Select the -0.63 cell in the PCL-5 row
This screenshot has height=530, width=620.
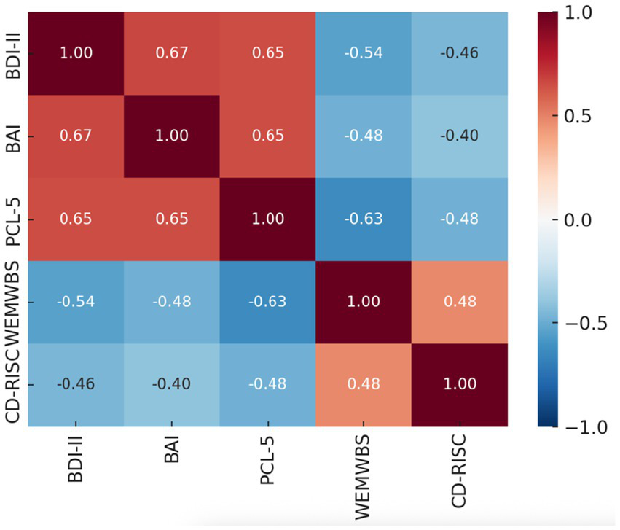pyautogui.click(x=363, y=219)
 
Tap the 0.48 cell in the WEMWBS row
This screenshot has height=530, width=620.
pyautogui.click(x=459, y=302)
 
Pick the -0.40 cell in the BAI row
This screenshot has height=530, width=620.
pyautogui.click(x=459, y=136)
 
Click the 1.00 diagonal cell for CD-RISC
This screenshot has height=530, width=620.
pyautogui.click(x=459, y=384)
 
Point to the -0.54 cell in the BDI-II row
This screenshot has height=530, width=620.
pyautogui.click(x=363, y=53)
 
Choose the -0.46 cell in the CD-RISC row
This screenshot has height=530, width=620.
pyautogui.click(x=75, y=384)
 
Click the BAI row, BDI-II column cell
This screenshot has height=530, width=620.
pyautogui.click(x=75, y=136)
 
